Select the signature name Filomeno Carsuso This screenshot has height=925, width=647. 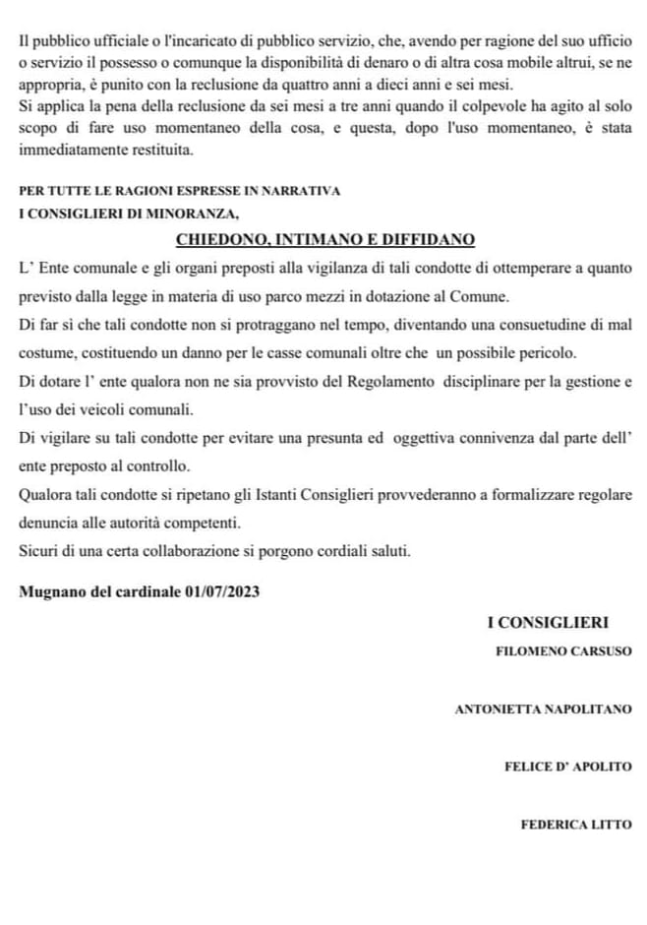click(563, 651)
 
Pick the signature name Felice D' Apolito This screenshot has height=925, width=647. click(567, 767)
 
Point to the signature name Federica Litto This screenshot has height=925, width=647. click(576, 825)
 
